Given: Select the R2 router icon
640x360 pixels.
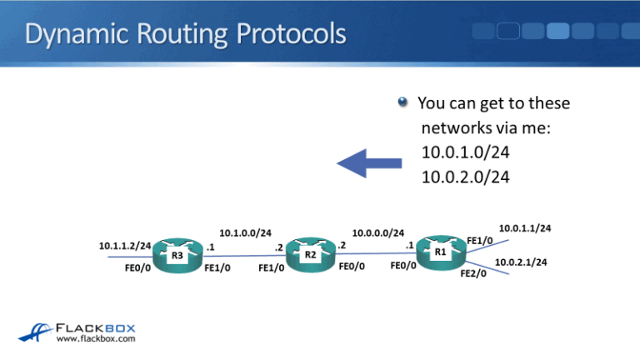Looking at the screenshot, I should click(309, 253).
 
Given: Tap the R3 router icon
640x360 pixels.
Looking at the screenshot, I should click(177, 255).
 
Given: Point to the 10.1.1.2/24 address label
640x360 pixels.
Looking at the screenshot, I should click(125, 246).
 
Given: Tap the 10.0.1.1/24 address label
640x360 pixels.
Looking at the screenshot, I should click(524, 227).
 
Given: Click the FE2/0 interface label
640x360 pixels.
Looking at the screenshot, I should click(473, 273).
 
